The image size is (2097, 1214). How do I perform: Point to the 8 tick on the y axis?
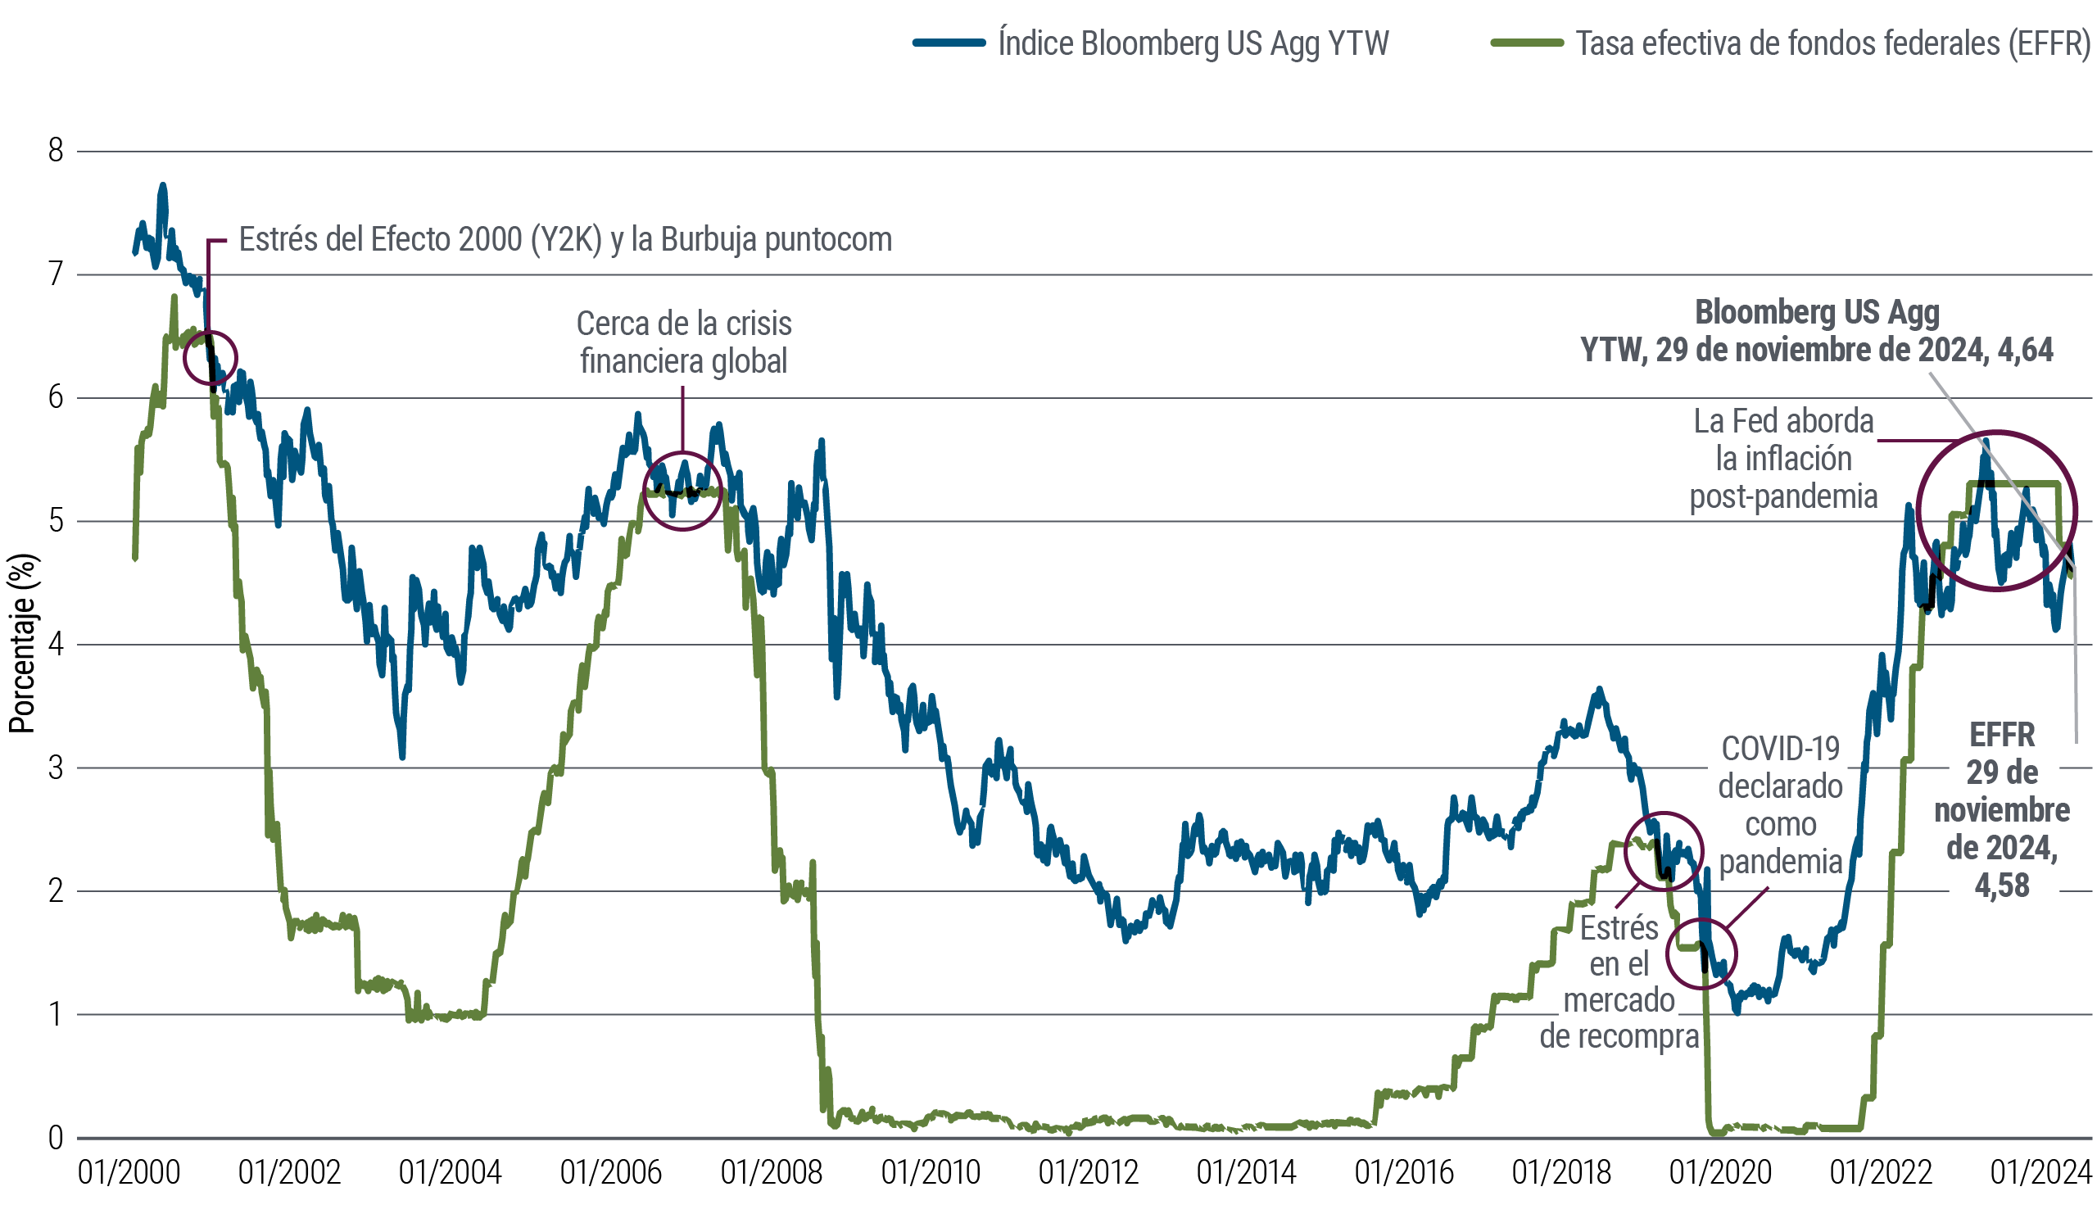pos(56,151)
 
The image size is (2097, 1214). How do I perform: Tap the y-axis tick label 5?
pos(56,521)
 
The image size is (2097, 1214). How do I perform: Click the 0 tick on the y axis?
pos(56,1138)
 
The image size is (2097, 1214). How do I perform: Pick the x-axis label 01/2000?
pos(129,1172)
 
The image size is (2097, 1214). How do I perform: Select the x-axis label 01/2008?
pos(772,1172)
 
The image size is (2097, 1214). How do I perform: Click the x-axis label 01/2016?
pos(1404,1172)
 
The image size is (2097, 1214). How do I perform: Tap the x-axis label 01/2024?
pos(2040,1172)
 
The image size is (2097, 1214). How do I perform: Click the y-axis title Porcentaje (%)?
pos(22,643)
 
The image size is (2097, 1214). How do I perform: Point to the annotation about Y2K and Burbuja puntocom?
pos(565,240)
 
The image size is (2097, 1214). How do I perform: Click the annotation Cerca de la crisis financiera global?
pos(683,342)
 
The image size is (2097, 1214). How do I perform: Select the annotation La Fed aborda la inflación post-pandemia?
pos(1783,459)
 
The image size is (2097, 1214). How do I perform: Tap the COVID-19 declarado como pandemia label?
pos(1780,804)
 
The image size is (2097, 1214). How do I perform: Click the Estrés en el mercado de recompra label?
pos(1619,982)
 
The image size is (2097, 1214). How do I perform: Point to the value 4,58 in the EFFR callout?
pos(2001,886)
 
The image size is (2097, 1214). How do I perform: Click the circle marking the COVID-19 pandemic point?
pos(1701,954)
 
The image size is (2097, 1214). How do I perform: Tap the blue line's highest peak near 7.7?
pos(163,187)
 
